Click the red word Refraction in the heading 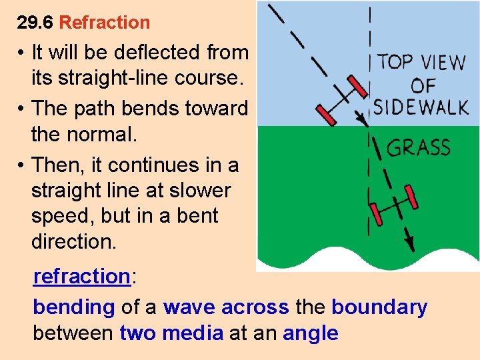(x=105, y=23)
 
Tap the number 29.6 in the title (x=35, y=23)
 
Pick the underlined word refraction (x=81, y=276)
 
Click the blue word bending (x=73, y=307)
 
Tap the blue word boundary (x=379, y=307)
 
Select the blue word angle (x=310, y=333)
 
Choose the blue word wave (x=189, y=307)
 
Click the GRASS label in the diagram (x=419, y=147)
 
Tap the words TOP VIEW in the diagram (x=421, y=63)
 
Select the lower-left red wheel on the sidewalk (x=327, y=115)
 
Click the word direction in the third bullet (x=73, y=241)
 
